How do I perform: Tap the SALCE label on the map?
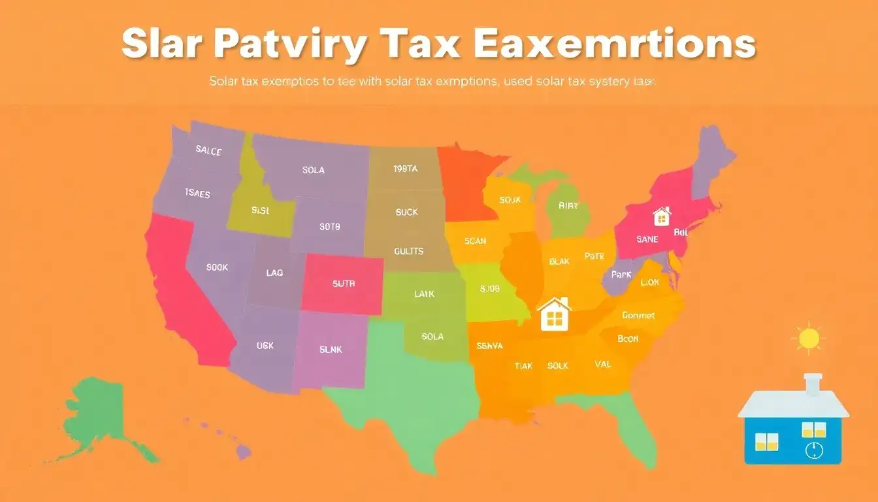[208, 150]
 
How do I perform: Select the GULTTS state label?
[409, 251]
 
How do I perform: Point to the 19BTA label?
[405, 169]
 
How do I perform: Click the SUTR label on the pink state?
[343, 284]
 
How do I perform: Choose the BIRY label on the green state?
[568, 205]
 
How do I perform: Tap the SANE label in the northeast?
[647, 239]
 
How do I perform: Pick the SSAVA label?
[490, 346]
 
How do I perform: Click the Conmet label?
[638, 315]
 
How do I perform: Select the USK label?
[265, 346]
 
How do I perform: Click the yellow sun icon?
[809, 338]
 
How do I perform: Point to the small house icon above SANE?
[662, 215]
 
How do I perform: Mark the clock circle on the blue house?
[813, 450]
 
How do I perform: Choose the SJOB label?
[489, 288]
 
